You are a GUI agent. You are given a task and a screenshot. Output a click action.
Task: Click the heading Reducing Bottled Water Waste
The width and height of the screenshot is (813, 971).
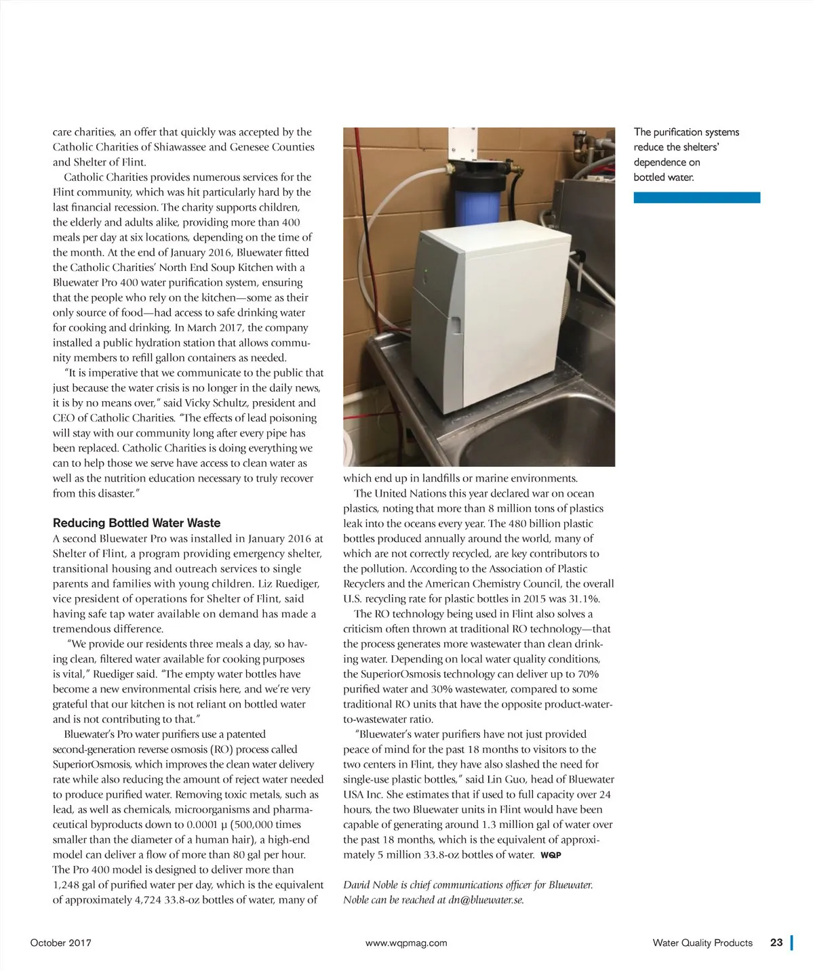pos(136,523)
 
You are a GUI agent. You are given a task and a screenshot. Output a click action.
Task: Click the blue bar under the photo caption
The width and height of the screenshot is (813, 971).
pos(696,197)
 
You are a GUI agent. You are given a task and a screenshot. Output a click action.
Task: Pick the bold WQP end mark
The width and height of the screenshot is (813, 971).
pos(551,855)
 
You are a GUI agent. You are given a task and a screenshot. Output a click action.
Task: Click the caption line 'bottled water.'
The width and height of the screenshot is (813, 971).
pos(664,178)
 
